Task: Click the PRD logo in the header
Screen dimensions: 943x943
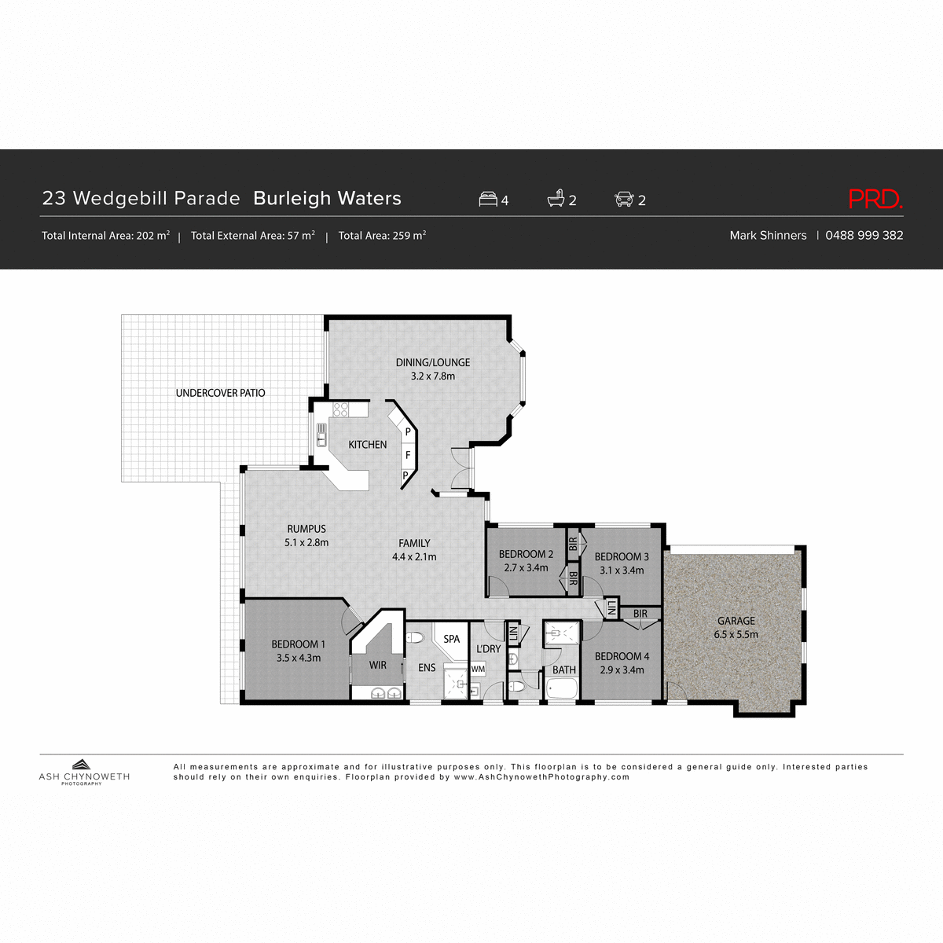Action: click(x=875, y=200)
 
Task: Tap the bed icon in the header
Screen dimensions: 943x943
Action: click(x=488, y=200)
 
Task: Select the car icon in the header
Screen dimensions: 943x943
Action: click(x=624, y=200)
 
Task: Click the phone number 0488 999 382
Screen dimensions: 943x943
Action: click(x=864, y=236)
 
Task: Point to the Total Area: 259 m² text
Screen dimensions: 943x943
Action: click(x=382, y=236)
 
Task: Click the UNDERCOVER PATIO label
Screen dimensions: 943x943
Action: click(x=220, y=393)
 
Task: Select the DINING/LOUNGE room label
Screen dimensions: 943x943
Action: click(x=432, y=363)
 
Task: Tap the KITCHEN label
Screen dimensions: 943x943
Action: click(x=368, y=445)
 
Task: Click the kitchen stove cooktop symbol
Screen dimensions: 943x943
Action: click(x=340, y=409)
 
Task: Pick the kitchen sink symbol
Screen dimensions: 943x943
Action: click(x=321, y=435)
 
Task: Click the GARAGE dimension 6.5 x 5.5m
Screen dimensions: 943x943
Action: click(x=736, y=635)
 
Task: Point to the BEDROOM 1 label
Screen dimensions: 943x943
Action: click(x=298, y=644)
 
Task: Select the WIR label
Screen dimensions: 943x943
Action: click(x=378, y=666)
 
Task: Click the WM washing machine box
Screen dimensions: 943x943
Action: click(x=478, y=669)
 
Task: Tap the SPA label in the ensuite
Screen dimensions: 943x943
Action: click(x=452, y=639)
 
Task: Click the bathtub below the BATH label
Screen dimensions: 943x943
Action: click(x=563, y=691)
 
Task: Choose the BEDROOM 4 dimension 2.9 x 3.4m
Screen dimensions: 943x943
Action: click(x=622, y=670)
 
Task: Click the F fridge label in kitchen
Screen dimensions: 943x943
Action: click(x=408, y=455)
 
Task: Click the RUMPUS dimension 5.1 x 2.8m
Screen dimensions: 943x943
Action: click(x=306, y=543)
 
